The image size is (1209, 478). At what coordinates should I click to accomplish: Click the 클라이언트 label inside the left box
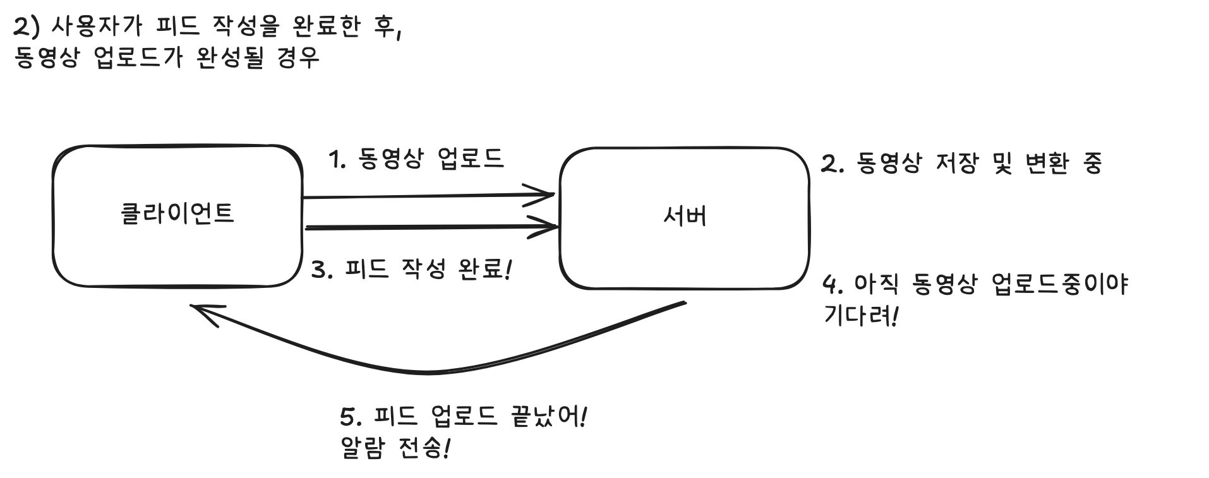tap(177, 213)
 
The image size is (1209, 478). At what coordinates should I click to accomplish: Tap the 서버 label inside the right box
tap(685, 216)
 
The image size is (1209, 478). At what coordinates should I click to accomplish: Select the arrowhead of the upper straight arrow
tap(547, 194)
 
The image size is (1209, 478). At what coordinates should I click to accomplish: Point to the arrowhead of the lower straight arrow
tap(551, 225)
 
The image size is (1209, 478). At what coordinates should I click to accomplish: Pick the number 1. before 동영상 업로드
tap(338, 159)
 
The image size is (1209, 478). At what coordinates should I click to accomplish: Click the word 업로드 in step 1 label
tap(471, 158)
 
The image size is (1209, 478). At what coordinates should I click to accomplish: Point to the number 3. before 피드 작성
tap(323, 270)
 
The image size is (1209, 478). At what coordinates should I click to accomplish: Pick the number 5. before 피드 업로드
tap(350, 418)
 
